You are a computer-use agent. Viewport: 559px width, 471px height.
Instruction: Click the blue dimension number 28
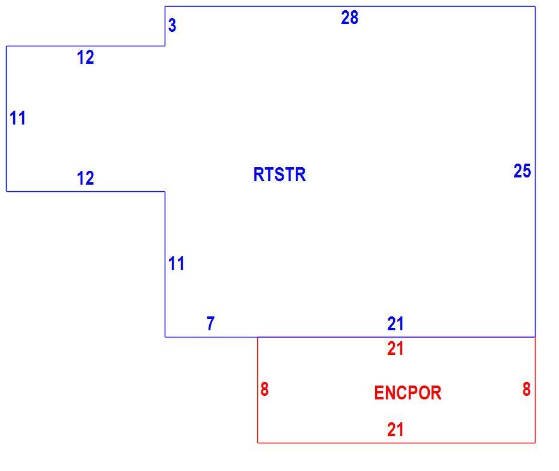tap(349, 17)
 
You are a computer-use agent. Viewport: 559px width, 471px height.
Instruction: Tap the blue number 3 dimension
tap(172, 25)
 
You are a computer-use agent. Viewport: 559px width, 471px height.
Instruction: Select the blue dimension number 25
tap(522, 171)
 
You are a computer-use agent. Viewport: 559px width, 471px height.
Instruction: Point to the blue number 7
tap(211, 323)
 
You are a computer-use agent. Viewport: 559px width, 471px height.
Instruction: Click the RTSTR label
tap(279, 174)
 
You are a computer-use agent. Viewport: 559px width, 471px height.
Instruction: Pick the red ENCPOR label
tap(408, 393)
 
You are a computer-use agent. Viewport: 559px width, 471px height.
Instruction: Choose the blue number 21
tap(396, 324)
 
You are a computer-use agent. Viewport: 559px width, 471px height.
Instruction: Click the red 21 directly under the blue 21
tap(396, 349)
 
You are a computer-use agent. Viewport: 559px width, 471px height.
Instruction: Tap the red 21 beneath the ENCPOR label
tap(396, 429)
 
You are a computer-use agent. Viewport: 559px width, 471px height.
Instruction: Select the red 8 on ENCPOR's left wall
tap(264, 389)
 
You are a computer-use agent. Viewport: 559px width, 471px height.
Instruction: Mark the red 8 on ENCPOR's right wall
tap(527, 389)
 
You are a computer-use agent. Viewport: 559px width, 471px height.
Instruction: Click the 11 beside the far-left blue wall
tap(18, 118)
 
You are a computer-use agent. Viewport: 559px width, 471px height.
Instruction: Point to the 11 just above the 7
tap(177, 263)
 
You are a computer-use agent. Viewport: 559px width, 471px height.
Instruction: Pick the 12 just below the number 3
tap(85, 58)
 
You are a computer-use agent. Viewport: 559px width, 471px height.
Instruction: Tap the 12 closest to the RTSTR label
tap(85, 178)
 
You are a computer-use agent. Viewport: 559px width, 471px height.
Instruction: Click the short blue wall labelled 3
tap(165, 26)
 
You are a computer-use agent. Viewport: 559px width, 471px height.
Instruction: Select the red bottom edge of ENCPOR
tap(397, 443)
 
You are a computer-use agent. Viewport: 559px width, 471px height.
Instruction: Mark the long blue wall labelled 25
tap(535, 171)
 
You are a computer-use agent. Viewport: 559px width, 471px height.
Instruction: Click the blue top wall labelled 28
tap(350, 7)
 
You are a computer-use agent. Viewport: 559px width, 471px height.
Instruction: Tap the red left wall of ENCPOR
tap(258, 390)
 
